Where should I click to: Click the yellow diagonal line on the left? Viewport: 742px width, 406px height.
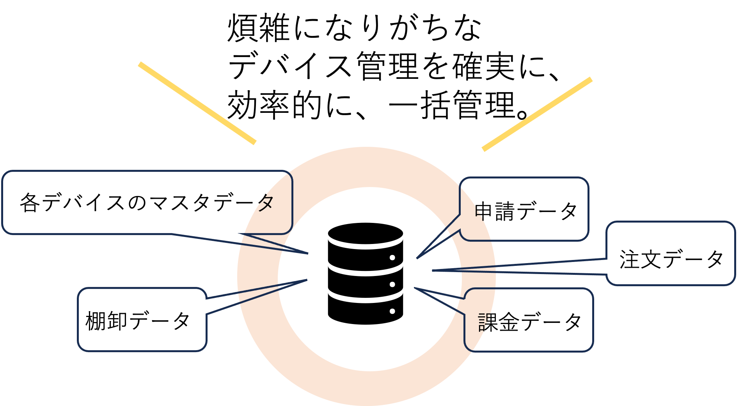197,103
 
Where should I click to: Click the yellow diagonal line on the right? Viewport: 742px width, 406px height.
537,114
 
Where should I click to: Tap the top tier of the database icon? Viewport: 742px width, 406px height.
365,246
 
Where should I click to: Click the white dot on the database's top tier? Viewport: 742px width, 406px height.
392,258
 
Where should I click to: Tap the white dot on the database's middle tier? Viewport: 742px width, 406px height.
392,285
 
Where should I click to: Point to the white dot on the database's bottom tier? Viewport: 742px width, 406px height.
392,311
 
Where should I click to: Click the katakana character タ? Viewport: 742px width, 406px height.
266,203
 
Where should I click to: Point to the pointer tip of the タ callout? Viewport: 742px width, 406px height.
307,253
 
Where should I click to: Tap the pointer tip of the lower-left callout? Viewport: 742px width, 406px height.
307,280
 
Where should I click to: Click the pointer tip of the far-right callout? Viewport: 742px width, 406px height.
433,270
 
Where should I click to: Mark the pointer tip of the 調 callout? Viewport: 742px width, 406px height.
415,288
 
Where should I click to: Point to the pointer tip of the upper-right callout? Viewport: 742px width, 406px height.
417,258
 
